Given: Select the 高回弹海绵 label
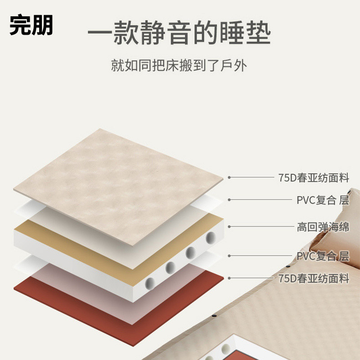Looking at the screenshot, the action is pyautogui.click(x=323, y=227).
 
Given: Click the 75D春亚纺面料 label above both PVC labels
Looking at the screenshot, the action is pyautogui.click(x=314, y=177).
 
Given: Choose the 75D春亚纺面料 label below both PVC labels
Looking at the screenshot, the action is pyautogui.click(x=314, y=279).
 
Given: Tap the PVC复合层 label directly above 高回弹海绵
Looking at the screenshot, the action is pyautogui.click(x=323, y=200).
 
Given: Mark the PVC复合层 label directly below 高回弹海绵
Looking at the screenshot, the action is pyautogui.click(x=323, y=256).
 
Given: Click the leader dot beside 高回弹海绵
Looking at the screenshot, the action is pyautogui.click(x=229, y=227).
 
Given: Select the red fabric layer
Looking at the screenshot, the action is pyautogui.click(x=90, y=306).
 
